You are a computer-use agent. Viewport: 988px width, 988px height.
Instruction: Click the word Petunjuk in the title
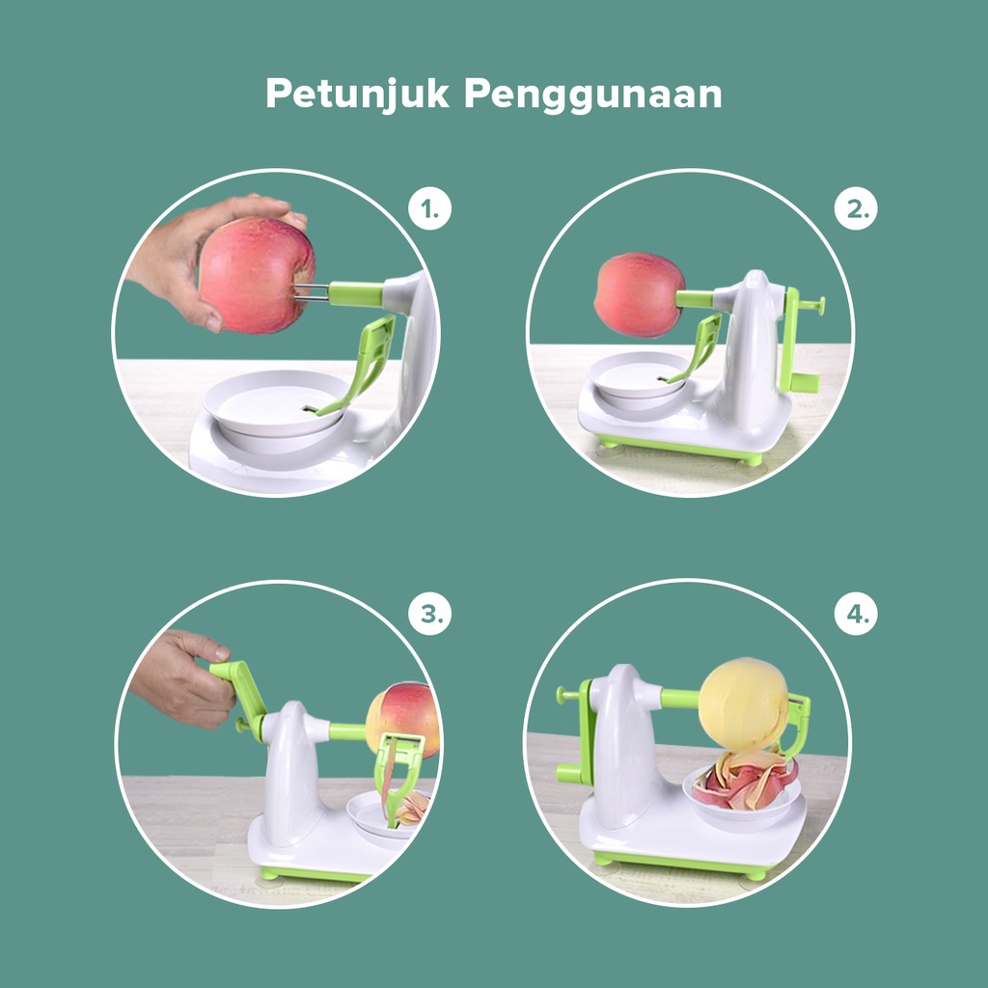coord(357,95)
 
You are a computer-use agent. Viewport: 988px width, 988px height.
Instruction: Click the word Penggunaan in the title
coord(593,96)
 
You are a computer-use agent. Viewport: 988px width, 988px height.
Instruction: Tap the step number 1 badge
coord(429,208)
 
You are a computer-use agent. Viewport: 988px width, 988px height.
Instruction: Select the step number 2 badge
coord(856,208)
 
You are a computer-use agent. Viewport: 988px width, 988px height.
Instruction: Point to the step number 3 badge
coord(429,613)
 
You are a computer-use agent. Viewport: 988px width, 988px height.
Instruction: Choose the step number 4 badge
coord(856,613)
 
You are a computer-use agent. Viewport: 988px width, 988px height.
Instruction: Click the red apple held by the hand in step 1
coord(257,275)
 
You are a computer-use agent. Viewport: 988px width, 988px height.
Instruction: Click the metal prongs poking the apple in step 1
coord(312,292)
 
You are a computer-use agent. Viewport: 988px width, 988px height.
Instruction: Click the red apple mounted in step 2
coord(639,295)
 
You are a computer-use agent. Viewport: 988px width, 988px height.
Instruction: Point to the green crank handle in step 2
coord(798,343)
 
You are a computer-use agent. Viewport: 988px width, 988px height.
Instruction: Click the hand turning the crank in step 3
coord(182,677)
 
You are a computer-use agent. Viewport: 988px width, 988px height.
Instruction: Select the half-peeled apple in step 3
coord(402,718)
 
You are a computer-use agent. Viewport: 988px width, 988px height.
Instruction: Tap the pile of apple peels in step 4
coord(745,780)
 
